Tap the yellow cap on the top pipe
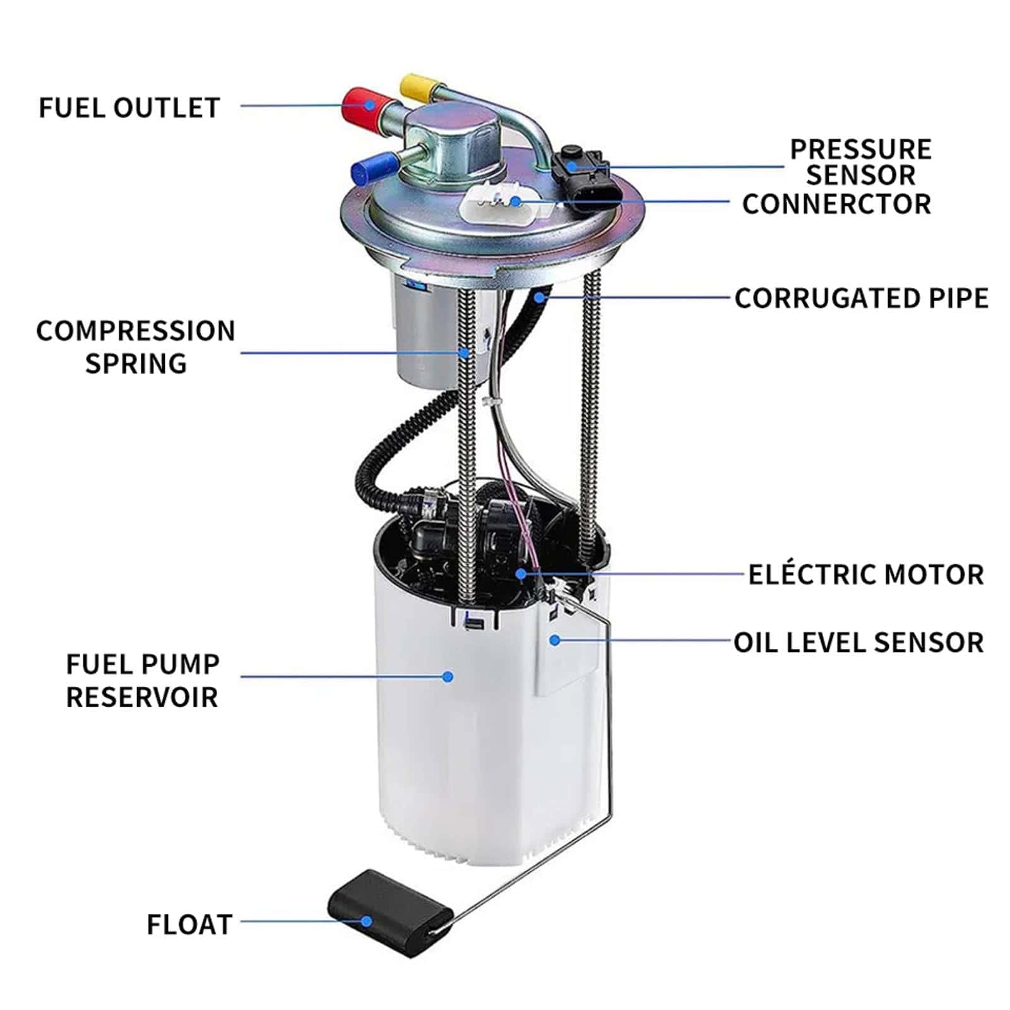[x=420, y=88]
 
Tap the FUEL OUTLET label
[x=129, y=108]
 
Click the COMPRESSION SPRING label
[x=136, y=347]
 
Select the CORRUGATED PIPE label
[x=862, y=299]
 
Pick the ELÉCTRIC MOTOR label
[x=866, y=574]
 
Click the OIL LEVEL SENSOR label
[x=858, y=643]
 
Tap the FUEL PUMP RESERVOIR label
[x=143, y=680]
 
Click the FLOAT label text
[x=190, y=925]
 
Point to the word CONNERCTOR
[x=836, y=204]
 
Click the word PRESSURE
[x=861, y=150]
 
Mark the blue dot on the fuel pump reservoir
[x=448, y=677]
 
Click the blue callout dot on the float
[x=366, y=922]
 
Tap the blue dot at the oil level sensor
[x=555, y=640]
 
